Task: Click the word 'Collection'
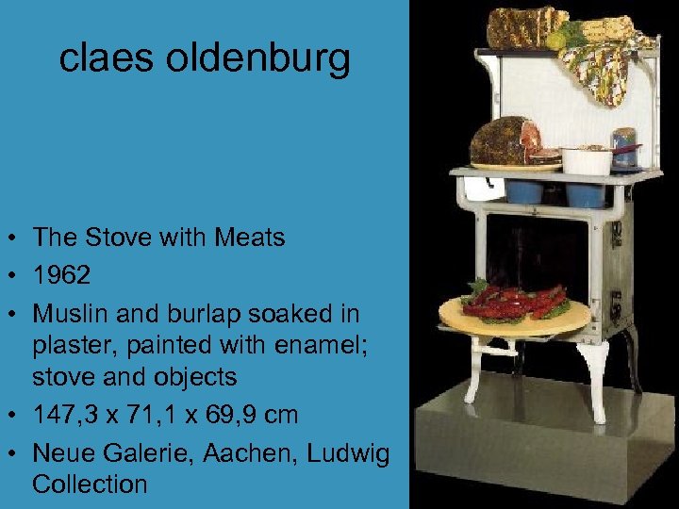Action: pos(90,484)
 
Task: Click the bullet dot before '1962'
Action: pos(13,276)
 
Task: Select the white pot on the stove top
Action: pos(587,160)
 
